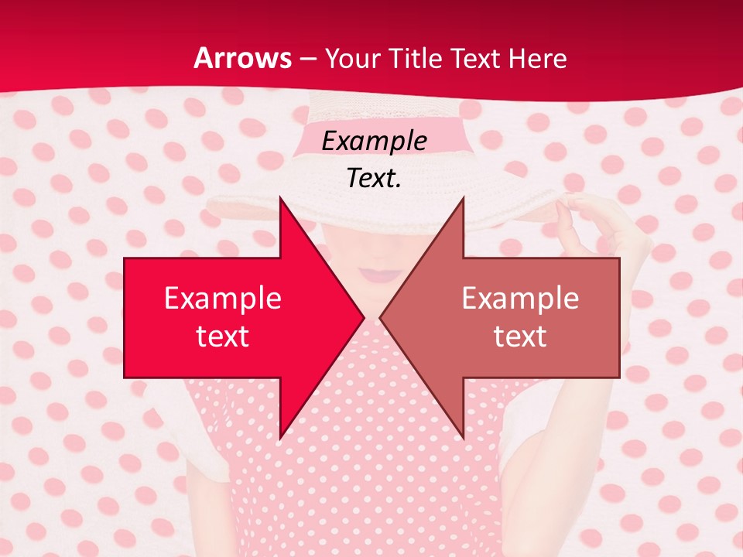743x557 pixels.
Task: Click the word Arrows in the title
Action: pos(243,59)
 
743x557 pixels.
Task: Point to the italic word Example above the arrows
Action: pos(374,141)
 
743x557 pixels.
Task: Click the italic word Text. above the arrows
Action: pos(374,178)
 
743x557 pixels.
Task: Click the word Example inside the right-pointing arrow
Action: pos(223,299)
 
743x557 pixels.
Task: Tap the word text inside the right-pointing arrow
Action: pos(223,335)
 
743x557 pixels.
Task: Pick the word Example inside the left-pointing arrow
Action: pos(520,299)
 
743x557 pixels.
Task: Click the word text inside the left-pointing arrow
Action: pos(520,335)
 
